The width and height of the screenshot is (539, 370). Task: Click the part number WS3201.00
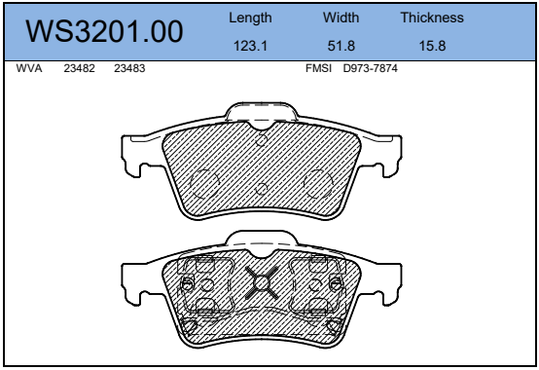click(x=104, y=31)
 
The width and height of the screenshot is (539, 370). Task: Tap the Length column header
click(x=250, y=18)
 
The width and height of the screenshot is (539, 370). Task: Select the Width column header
click(x=341, y=18)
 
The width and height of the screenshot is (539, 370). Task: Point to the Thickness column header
click(x=432, y=18)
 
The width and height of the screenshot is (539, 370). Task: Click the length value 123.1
click(x=250, y=46)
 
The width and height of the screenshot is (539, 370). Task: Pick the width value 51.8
click(x=341, y=46)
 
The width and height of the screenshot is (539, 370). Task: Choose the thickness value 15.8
click(x=432, y=46)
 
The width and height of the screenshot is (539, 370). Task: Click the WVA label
click(x=29, y=68)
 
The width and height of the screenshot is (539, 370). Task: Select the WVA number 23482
click(x=79, y=68)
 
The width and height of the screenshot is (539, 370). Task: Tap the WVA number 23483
click(x=129, y=68)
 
